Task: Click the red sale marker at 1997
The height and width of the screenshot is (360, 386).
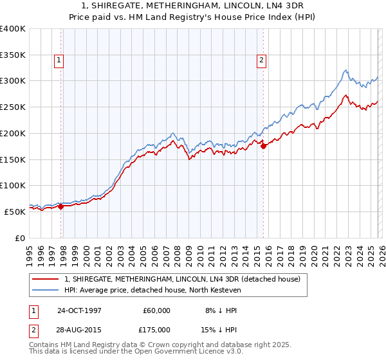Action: coord(61,206)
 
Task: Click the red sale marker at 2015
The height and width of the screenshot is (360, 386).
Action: coord(264,146)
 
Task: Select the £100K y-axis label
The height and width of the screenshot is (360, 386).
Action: coord(12,185)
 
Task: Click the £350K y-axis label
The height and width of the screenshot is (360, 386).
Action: coord(12,55)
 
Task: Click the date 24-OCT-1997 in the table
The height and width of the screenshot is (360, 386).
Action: coord(79,310)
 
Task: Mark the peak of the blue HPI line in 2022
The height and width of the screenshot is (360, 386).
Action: coord(345,69)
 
